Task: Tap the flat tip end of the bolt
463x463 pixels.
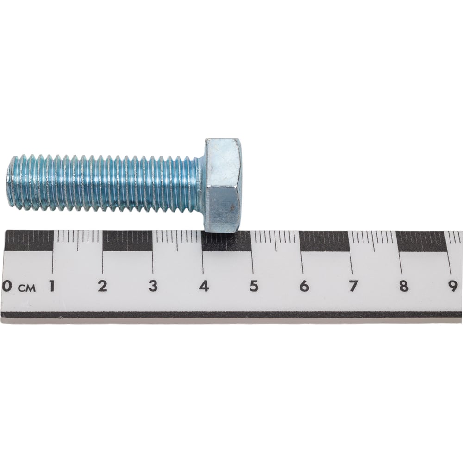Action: pos(9,181)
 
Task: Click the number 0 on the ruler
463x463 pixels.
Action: pos(6,286)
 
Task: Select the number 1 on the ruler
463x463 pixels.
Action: pos(52,286)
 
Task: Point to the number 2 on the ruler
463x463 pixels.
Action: pos(102,286)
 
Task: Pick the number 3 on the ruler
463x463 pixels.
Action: pos(153,286)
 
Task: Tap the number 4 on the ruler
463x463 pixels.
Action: pos(204,286)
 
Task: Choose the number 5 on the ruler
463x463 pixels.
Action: pos(254,286)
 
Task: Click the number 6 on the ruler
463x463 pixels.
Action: pos(304,286)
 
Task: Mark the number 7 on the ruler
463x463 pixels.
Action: pos(353,286)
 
